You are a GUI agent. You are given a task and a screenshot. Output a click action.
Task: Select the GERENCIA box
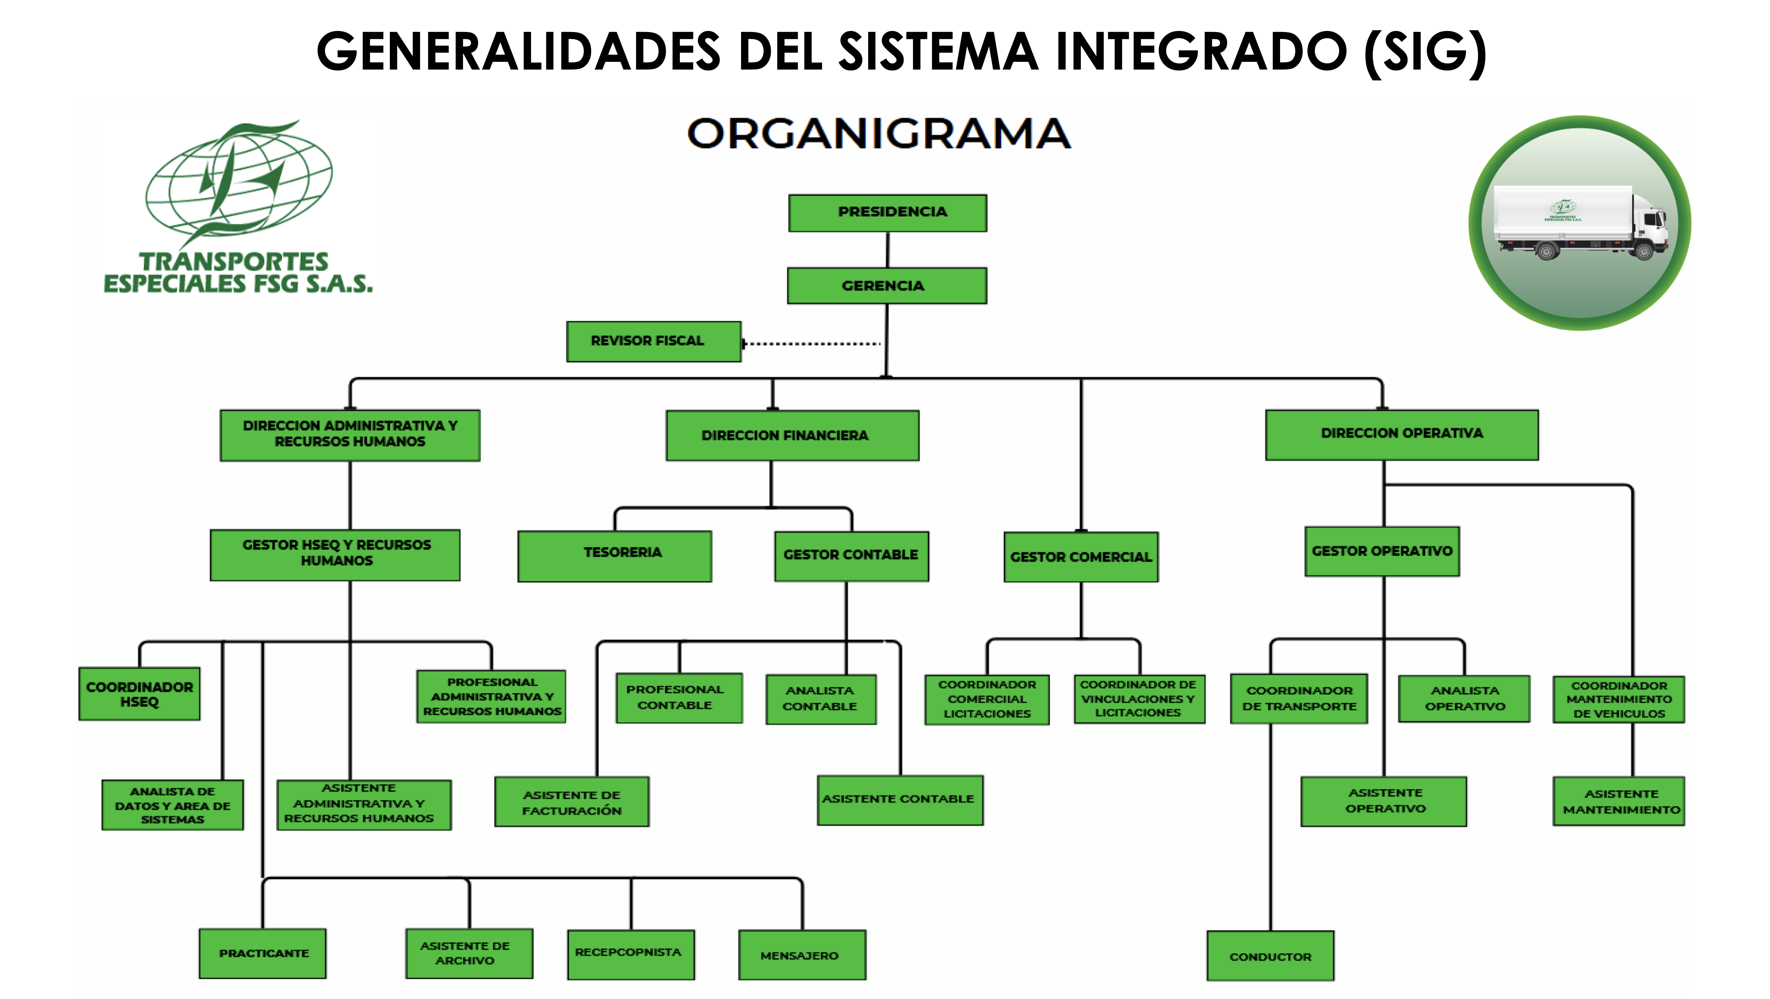click(x=886, y=286)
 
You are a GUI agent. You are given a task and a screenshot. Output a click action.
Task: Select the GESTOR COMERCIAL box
click(x=1081, y=557)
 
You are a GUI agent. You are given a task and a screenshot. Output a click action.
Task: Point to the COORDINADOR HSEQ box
click(x=139, y=694)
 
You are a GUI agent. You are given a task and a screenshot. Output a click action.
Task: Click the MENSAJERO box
click(x=802, y=955)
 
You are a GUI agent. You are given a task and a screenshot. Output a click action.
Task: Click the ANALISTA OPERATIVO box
click(x=1464, y=698)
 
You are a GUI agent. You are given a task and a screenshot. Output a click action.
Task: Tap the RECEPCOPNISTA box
click(x=630, y=954)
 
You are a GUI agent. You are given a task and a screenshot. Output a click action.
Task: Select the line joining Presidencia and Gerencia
click(x=888, y=250)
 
